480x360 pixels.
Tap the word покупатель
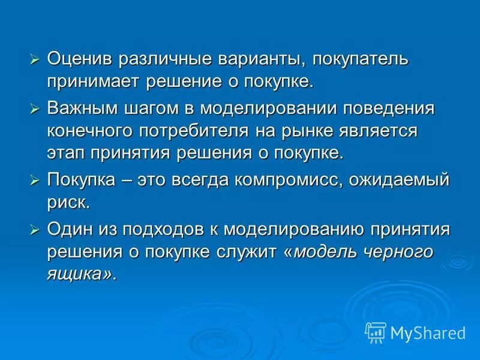coord(358,59)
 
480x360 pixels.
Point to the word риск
coord(68,202)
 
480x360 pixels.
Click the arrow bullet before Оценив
coord(35,59)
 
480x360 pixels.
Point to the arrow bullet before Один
coord(35,230)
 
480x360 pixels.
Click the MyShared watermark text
coord(428,332)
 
